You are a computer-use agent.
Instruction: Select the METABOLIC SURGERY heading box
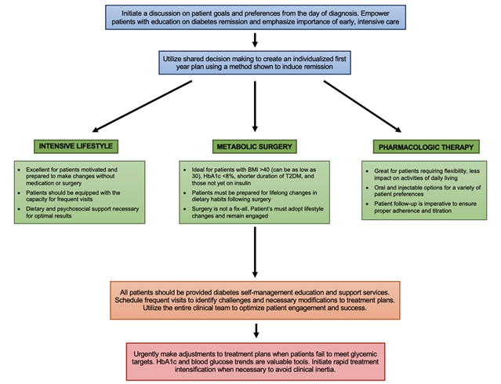[x=255, y=146]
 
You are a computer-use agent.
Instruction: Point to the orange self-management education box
[x=256, y=299]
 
